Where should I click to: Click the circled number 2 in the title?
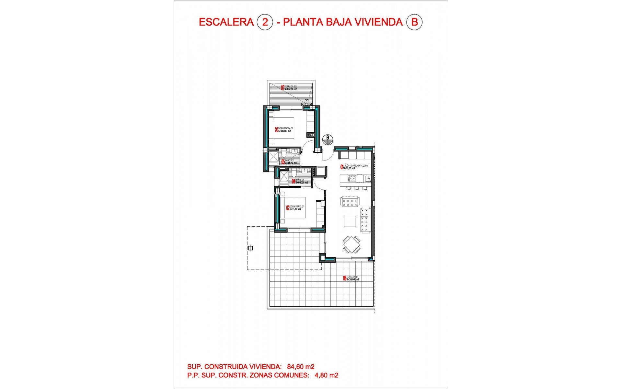click(x=265, y=22)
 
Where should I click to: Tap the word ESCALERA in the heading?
click(x=226, y=22)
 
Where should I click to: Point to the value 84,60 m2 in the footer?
click(x=301, y=367)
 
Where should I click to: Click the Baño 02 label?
click(x=289, y=162)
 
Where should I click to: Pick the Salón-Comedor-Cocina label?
click(x=354, y=167)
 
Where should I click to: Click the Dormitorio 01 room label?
click(x=295, y=208)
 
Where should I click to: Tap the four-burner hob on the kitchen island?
click(x=351, y=178)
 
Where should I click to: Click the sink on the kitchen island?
click(x=368, y=178)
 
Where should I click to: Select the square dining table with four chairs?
click(x=352, y=245)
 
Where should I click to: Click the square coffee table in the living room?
click(x=350, y=222)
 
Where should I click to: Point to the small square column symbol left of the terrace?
click(x=250, y=248)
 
